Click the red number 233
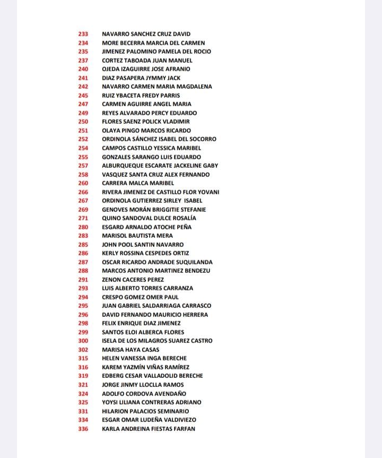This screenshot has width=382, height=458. (x=83, y=34)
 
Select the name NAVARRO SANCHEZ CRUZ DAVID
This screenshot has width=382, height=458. (x=146, y=34)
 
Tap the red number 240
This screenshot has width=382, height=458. (x=83, y=69)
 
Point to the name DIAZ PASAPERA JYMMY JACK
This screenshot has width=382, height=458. (x=141, y=78)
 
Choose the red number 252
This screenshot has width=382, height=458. (x=83, y=139)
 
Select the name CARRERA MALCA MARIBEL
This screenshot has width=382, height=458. (x=138, y=183)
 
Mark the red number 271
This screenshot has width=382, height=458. (x=83, y=218)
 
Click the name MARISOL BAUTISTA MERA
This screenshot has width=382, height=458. (x=137, y=236)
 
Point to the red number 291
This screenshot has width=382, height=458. (x=83, y=280)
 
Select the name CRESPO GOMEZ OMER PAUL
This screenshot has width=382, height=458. (x=140, y=297)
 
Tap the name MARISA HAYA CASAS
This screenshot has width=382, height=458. (x=130, y=350)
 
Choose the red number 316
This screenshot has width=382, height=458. (x=83, y=367)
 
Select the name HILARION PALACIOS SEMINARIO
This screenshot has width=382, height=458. (x=145, y=411)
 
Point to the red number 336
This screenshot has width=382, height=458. (x=83, y=429)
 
